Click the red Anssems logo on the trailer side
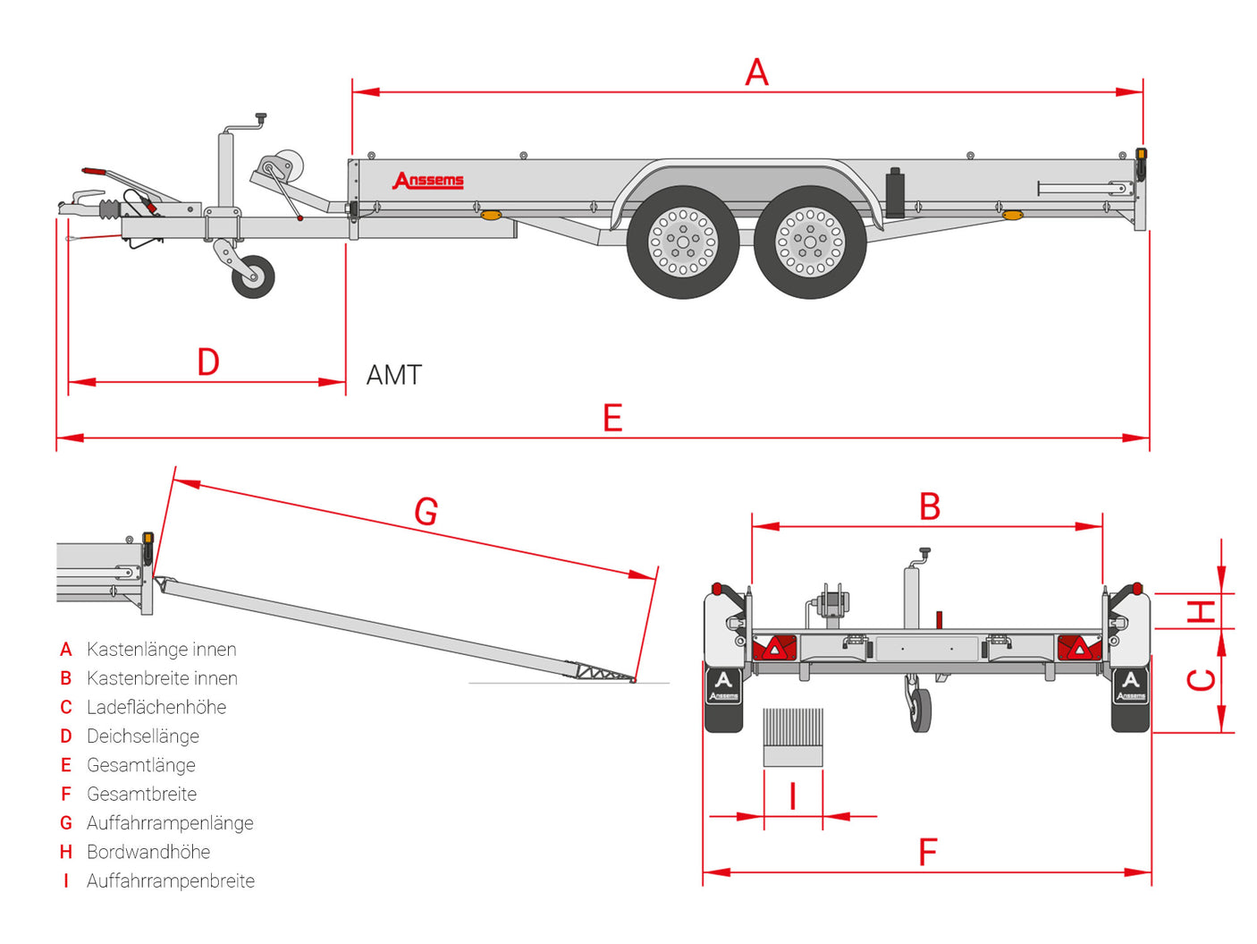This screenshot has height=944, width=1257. pos(427,180)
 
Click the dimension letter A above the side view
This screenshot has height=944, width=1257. pos(756,72)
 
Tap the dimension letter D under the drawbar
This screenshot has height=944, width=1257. pos(208,361)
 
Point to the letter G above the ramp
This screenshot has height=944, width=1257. pos(426,511)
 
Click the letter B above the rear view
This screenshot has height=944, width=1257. pos(930,506)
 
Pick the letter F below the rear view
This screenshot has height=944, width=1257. pos(927,852)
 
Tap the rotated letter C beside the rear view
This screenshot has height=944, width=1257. pos(1201,680)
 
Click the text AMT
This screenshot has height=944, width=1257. pos(394,375)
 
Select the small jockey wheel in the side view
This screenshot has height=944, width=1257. pos(253,276)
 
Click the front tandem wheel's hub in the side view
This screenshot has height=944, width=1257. pos(682,242)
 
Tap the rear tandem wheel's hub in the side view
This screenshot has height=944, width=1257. pos(809,242)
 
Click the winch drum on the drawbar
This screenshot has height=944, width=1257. pos(282,166)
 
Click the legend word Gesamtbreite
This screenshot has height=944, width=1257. pos(141,794)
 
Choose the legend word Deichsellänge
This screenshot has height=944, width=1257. pos(143,736)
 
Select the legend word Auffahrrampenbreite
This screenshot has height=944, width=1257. pos(171,880)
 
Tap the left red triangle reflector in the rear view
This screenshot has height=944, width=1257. pos(774,648)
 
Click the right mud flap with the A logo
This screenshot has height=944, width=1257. pos(1130,700)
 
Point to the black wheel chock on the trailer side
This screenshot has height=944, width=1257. pos(895,192)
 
